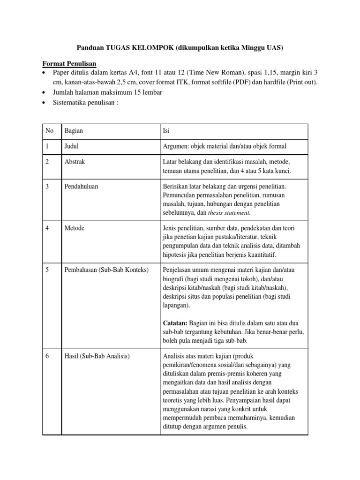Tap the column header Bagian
[74, 132]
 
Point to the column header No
[49, 132]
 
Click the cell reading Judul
[72, 147]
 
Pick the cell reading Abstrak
[75, 162]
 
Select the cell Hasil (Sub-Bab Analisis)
[97, 356]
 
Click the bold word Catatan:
[175, 323]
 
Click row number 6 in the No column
[47, 356]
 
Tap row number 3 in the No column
[47, 187]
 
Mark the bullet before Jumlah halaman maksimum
[44, 93]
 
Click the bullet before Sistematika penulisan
[44, 103]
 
